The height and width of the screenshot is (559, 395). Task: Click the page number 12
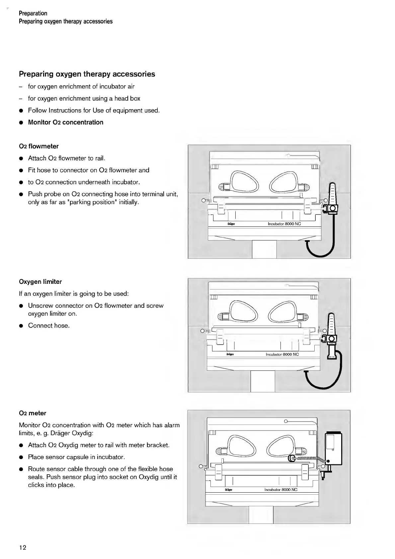point(23,547)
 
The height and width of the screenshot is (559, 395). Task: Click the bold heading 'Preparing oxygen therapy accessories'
point(87,74)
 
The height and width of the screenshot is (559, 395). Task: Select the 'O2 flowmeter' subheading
point(39,146)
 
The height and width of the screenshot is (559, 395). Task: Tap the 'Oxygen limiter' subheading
point(40,282)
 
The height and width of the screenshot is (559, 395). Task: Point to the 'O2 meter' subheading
point(33,413)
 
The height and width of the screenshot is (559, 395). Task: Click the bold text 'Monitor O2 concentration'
point(66,122)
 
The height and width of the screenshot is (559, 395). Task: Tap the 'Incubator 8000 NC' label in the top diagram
point(284,224)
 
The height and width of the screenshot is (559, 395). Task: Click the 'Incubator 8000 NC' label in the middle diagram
point(282,354)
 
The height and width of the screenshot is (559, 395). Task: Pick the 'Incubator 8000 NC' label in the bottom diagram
point(281,490)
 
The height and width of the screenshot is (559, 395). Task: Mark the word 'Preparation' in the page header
point(33,13)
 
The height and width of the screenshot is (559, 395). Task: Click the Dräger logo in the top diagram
point(231,224)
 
